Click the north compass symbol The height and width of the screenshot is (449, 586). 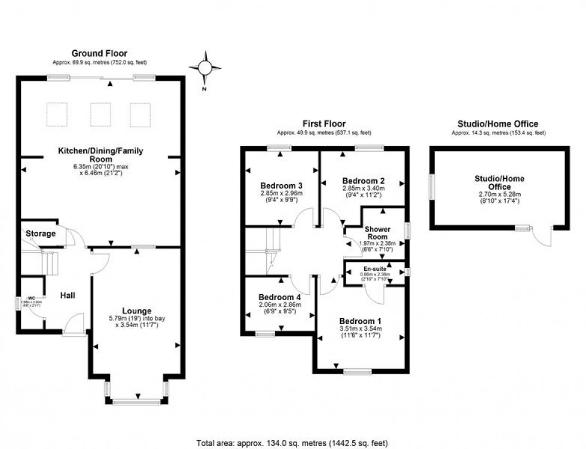click(x=205, y=67)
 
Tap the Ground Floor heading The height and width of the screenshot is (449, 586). click(x=99, y=54)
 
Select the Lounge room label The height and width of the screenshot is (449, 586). click(x=136, y=311)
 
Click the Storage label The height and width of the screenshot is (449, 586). click(x=41, y=233)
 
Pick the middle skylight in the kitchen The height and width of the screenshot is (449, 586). click(x=100, y=114)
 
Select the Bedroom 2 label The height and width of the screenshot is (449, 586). click(x=363, y=181)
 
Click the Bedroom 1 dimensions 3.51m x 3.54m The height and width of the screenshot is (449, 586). click(x=361, y=328)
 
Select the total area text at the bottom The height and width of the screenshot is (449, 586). click(x=292, y=443)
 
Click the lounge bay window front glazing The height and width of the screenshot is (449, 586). click(x=137, y=402)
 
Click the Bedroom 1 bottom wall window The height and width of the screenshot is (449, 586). click(x=358, y=372)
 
